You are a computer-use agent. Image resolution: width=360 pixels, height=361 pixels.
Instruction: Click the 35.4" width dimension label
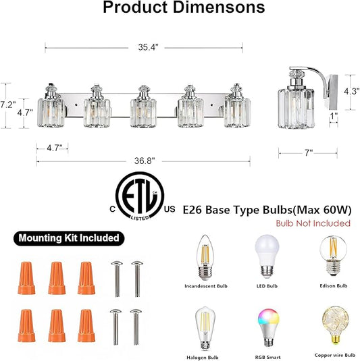point(148,47)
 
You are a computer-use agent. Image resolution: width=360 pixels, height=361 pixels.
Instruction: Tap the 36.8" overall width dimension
point(145,161)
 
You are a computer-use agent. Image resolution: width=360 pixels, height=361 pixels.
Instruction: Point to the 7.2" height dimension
point(7,105)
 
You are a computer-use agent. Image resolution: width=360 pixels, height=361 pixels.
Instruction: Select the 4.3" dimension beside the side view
point(352,91)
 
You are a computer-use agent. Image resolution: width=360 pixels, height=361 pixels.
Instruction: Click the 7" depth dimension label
point(309,152)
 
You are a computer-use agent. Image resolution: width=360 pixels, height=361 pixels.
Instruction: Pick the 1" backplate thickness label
point(334,116)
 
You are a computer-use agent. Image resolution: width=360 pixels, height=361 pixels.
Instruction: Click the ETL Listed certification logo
point(140,196)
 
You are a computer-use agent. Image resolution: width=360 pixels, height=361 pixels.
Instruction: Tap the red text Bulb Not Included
point(313,223)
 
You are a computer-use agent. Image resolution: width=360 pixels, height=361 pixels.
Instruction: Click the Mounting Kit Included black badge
point(69,238)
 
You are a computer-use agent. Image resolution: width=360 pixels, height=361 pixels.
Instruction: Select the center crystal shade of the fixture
point(143,112)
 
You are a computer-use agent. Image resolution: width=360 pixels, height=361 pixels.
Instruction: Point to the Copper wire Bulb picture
point(335,325)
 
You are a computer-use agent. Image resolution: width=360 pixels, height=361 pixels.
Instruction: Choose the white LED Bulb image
point(267,256)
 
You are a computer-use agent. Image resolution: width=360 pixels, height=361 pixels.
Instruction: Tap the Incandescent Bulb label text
point(206,286)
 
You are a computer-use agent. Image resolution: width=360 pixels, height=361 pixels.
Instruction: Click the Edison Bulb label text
point(334,286)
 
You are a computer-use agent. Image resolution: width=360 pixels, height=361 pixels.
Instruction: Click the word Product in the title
point(136,7)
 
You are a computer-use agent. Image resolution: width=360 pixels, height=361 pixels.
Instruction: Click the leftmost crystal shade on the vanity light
point(51,113)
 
